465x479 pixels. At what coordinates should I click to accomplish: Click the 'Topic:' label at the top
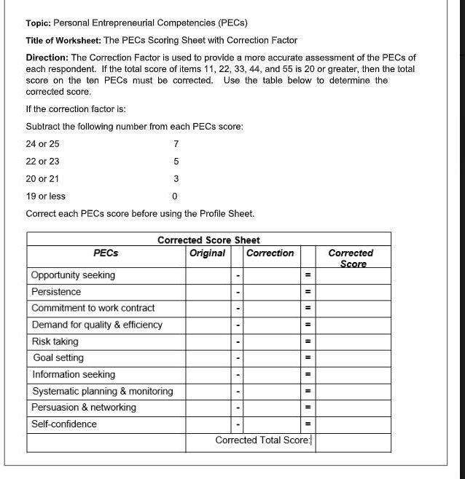click(39, 23)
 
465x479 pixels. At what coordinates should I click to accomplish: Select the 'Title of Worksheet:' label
click(63, 40)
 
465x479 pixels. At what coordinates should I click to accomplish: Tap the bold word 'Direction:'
click(47, 58)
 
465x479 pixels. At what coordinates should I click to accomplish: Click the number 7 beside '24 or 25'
click(176, 143)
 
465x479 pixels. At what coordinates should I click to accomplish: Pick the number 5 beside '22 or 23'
click(176, 161)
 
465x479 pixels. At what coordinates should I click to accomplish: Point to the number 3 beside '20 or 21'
click(176, 178)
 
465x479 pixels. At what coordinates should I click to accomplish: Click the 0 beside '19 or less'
click(174, 196)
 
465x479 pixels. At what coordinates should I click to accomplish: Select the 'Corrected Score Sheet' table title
click(208, 239)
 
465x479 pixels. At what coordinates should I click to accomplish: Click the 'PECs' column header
click(106, 253)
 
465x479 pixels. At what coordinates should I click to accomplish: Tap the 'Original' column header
click(207, 253)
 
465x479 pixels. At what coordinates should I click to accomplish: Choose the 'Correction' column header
click(270, 253)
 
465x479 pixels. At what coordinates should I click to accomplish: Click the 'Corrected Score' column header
click(351, 258)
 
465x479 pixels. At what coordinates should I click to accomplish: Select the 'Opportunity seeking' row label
click(73, 275)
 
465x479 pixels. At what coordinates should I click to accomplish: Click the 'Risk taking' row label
click(55, 341)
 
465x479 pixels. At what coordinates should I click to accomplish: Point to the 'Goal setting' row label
click(58, 357)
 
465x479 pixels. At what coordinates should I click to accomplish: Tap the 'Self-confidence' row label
click(64, 424)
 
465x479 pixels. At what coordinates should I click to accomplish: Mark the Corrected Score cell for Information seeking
click(353, 374)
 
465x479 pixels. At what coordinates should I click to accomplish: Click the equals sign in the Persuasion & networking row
click(308, 408)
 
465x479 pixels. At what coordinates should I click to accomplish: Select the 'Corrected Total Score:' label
click(263, 440)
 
